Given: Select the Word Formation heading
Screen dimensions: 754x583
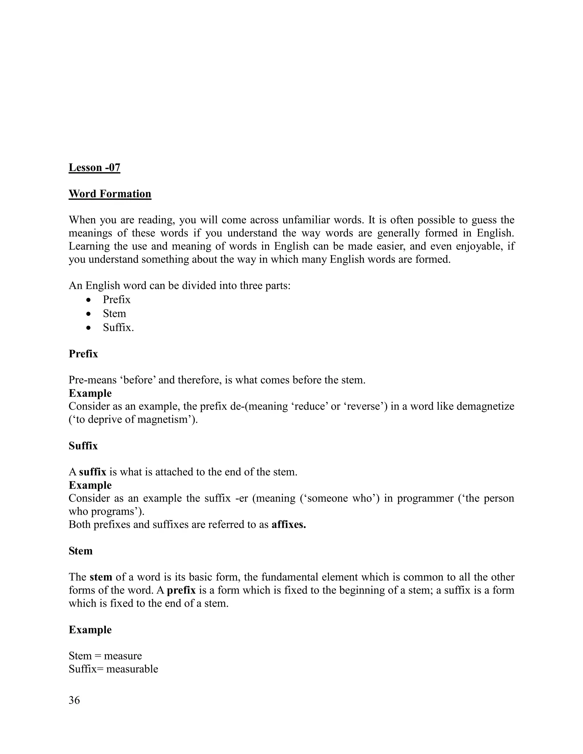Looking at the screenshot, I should click(110, 194).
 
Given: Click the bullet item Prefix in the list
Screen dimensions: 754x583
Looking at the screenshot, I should click(116, 299).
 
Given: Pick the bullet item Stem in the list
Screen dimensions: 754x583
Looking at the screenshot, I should click(114, 314).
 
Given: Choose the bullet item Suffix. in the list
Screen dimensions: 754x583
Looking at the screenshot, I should click(118, 327).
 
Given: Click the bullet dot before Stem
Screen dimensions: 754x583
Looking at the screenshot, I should click(89, 314).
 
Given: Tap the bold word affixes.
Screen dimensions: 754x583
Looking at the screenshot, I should click(289, 524).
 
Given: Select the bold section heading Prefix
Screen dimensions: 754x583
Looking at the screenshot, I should click(83, 354).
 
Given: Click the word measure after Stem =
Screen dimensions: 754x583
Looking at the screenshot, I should click(123, 656).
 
